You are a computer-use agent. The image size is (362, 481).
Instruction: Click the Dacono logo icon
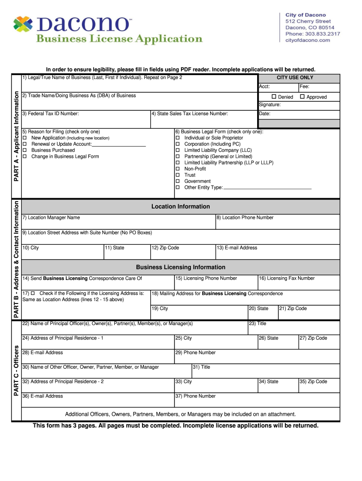pyautogui.click(x=24, y=25)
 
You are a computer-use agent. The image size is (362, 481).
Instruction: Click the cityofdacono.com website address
pyautogui.click(x=308, y=40)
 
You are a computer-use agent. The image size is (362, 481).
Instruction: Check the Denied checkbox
pyautogui.click(x=274, y=97)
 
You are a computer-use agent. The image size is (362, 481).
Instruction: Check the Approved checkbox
pyautogui.click(x=302, y=97)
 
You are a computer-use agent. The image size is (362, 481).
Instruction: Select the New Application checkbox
pyautogui.click(x=24, y=138)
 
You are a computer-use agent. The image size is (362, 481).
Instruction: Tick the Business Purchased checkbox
pyautogui.click(x=24, y=150)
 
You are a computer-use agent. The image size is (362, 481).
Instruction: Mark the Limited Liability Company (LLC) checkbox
pyautogui.click(x=178, y=150)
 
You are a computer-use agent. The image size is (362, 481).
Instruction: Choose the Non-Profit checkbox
pyautogui.click(x=178, y=169)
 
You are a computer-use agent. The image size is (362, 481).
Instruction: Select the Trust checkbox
pyautogui.click(x=178, y=175)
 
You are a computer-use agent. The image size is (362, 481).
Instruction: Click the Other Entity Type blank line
pyautogui.click(x=268, y=188)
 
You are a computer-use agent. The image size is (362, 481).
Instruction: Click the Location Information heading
pyautogui.click(x=181, y=207)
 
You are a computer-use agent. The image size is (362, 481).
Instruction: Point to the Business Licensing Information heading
pyautogui.click(x=181, y=267)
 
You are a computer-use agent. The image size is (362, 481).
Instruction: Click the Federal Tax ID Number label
pyautogui.click(x=50, y=114)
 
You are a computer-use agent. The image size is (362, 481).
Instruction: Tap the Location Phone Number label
pyautogui.click(x=244, y=217)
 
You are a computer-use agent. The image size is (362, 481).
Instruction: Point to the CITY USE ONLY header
pyautogui.click(x=295, y=78)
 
